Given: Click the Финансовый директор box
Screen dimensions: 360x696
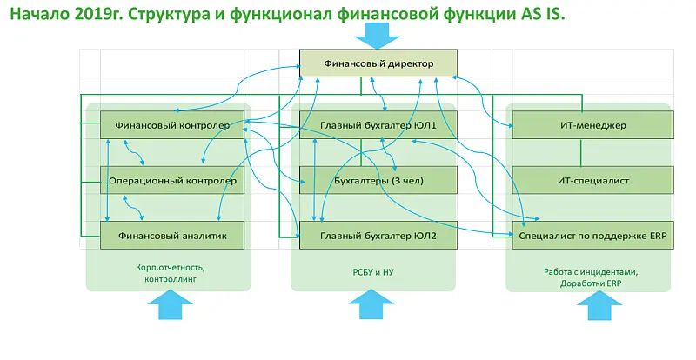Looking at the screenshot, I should tap(378, 63).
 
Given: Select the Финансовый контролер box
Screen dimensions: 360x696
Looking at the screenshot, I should tap(172, 125).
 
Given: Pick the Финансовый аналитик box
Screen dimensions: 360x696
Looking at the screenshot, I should tap(172, 235).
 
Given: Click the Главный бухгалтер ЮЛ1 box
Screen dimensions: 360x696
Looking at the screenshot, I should tap(378, 125).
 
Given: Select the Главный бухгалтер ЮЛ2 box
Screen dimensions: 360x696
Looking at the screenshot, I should tap(378, 235).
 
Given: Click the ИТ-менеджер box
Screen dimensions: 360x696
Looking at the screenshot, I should tap(592, 125).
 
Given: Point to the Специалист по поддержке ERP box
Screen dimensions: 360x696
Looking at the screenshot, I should tap(592, 235).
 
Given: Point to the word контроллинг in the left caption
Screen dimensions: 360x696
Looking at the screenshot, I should tap(168, 281).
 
